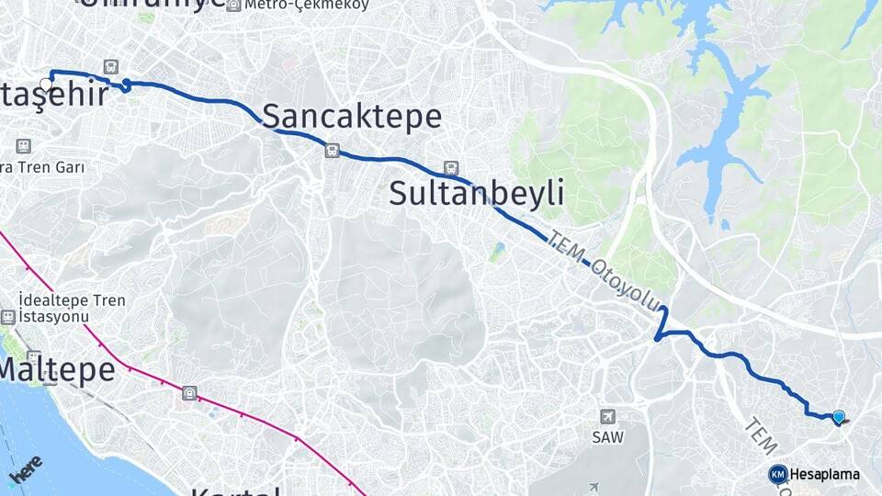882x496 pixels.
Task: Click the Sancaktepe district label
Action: point(352,117)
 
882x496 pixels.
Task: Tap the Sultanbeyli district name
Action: point(476,194)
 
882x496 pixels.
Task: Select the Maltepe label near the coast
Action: point(58,370)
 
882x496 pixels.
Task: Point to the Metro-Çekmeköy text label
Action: point(307,5)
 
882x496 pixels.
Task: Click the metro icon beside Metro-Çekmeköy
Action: point(233,5)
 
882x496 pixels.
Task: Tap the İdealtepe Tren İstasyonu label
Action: point(72,309)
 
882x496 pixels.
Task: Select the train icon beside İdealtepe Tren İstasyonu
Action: point(8,317)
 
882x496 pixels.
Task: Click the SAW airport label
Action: point(607,437)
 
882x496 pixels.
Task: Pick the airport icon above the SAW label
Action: point(606,417)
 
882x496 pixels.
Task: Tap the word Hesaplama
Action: point(824,475)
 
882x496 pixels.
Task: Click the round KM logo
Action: point(777,475)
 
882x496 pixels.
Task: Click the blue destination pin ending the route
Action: point(838,417)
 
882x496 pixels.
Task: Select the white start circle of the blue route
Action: point(46,84)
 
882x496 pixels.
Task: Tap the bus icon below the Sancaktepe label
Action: point(332,151)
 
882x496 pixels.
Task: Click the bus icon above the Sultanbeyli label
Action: point(450,168)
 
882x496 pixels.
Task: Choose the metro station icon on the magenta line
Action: point(189,393)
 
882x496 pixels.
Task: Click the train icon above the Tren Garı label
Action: point(23,145)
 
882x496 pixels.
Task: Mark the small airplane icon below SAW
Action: point(594,487)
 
